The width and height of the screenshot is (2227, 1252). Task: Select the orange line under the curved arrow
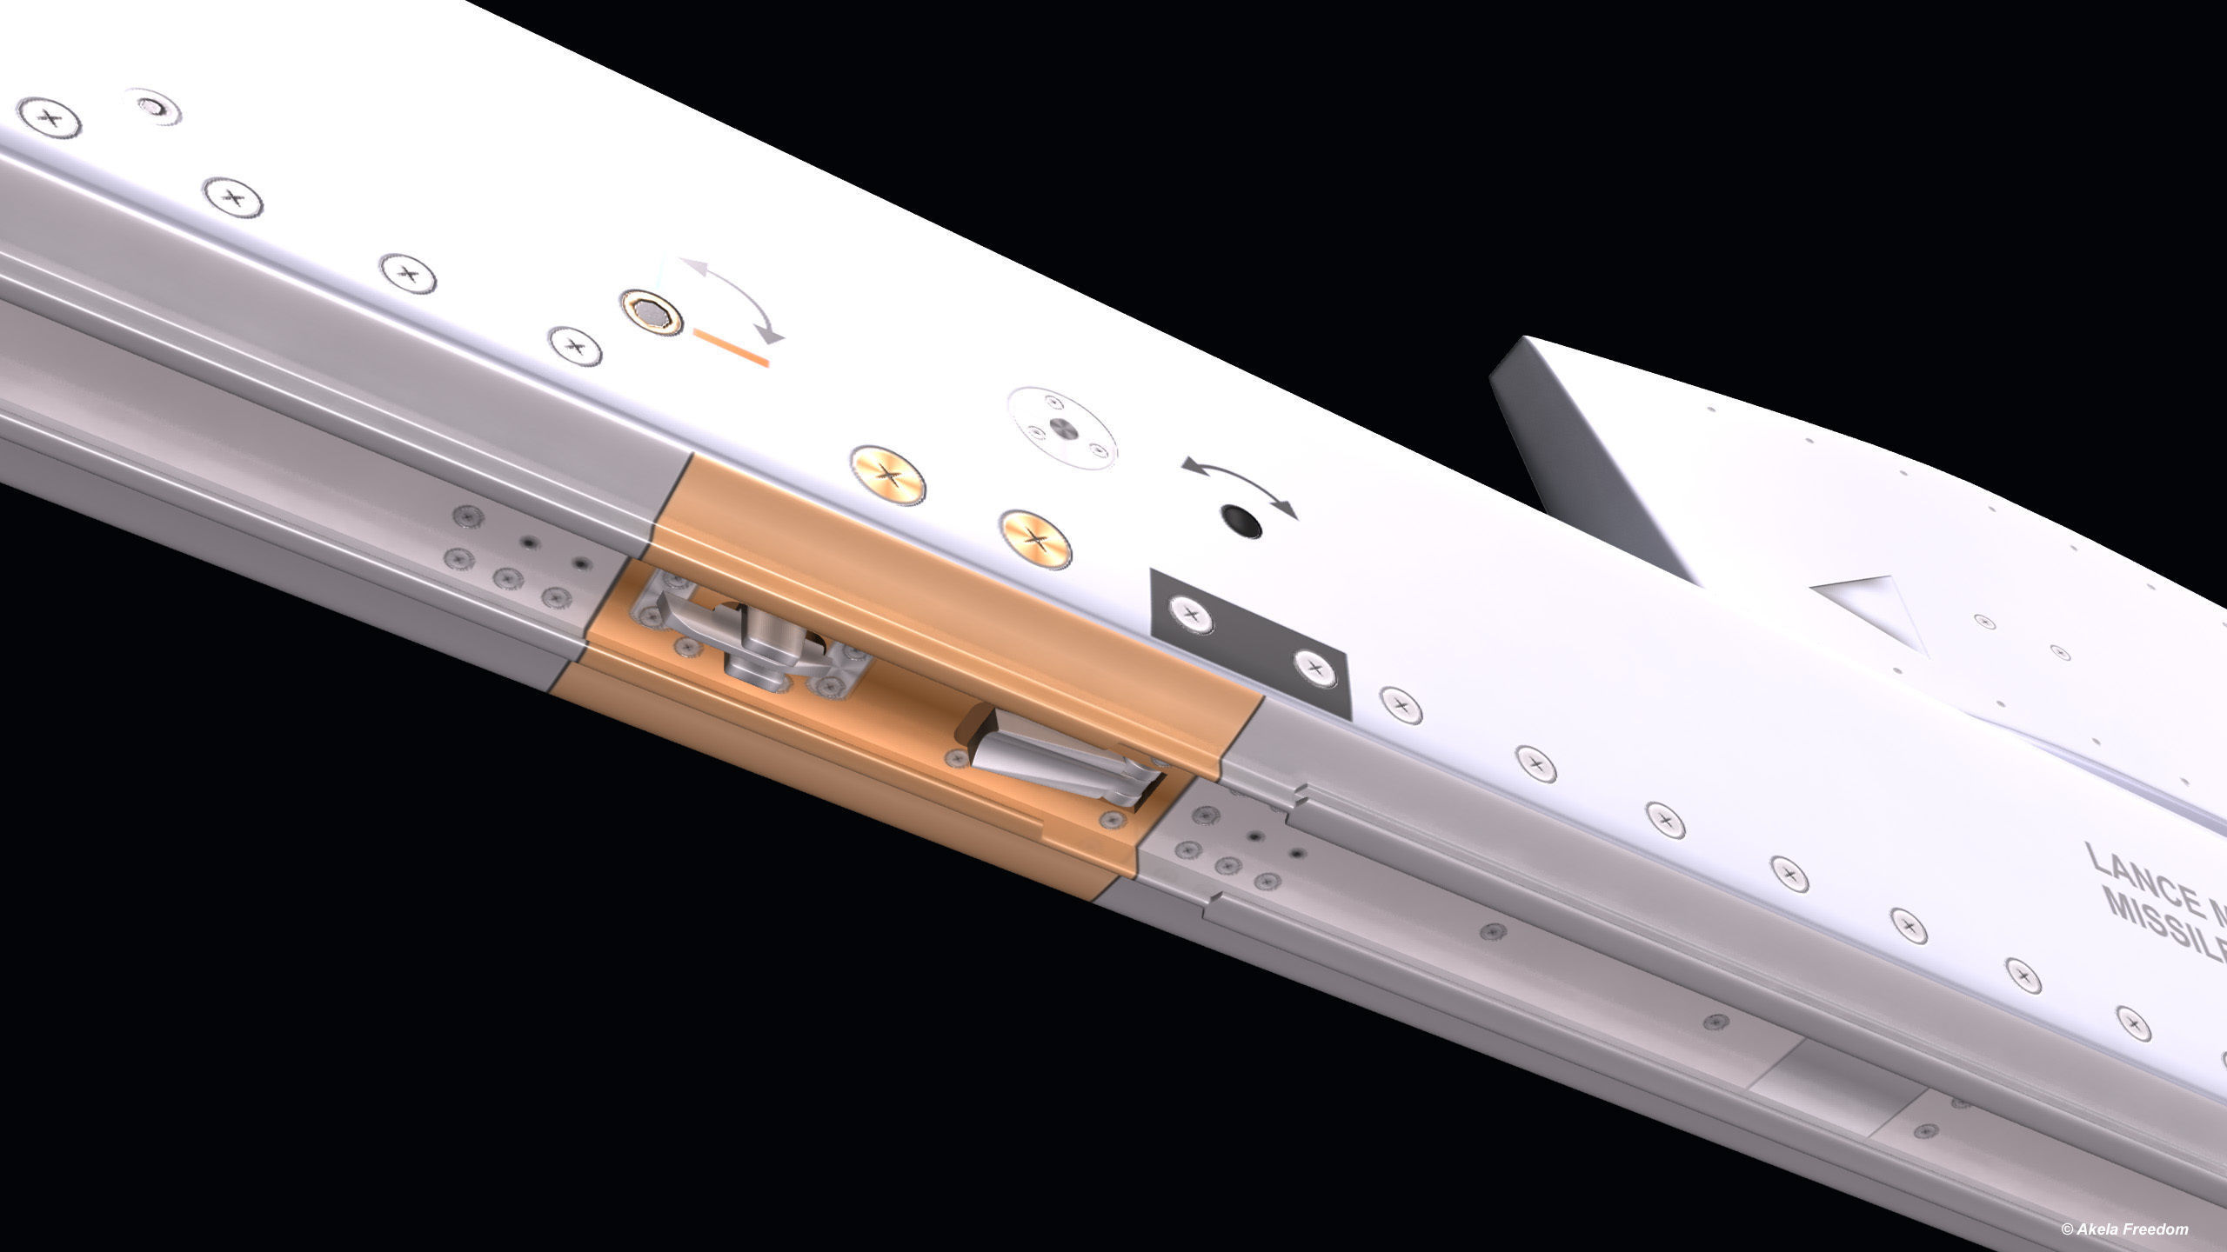pyautogui.click(x=732, y=346)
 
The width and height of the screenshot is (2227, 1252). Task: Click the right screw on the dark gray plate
pyautogui.click(x=1314, y=669)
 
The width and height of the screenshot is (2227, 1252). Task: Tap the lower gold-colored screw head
pyautogui.click(x=1034, y=539)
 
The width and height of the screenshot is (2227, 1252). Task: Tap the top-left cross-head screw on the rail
pyautogui.click(x=48, y=117)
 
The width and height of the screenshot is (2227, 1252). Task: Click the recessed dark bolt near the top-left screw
pyautogui.click(x=156, y=108)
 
